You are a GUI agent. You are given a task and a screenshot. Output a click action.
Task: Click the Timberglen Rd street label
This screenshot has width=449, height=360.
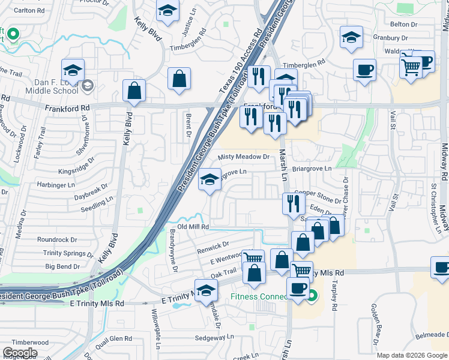click(x=304, y=62)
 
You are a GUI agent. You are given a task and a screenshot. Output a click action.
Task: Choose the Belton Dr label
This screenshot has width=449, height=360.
click(x=403, y=24)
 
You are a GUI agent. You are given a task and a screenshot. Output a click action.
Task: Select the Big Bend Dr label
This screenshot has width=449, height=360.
click(x=62, y=266)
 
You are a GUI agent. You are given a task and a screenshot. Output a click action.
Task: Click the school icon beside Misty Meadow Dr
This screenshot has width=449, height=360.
click(x=209, y=179)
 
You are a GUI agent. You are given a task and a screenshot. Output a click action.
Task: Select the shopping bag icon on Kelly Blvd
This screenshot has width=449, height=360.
click(x=134, y=91)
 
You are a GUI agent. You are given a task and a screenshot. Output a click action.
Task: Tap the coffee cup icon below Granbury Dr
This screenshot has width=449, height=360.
click(x=364, y=70)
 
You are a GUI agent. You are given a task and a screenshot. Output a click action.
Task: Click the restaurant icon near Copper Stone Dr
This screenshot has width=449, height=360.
click(x=291, y=203)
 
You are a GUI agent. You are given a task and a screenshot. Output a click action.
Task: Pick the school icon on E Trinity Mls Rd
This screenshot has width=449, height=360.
click(x=206, y=290)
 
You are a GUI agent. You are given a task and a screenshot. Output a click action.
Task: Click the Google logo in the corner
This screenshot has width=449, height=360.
click(x=20, y=353)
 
